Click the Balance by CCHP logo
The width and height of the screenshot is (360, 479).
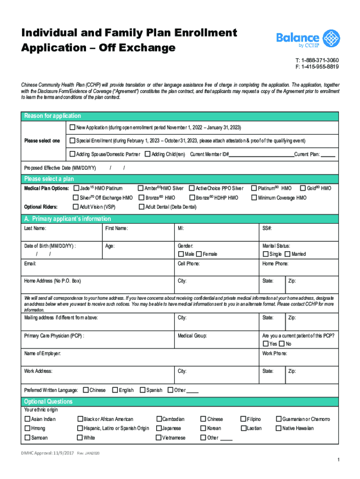(308, 39)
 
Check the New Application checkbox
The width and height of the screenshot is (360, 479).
(72, 127)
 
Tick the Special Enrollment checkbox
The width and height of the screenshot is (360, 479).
(72, 140)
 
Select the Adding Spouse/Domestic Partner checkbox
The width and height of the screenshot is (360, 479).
(72, 154)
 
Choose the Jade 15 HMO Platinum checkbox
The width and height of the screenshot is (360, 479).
(76, 188)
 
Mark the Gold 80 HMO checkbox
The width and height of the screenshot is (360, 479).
(302, 188)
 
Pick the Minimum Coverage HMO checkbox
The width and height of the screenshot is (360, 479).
(254, 197)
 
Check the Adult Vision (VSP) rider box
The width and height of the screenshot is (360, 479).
(76, 207)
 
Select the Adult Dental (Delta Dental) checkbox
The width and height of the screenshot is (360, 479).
(142, 207)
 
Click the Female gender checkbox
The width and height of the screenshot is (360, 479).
(199, 254)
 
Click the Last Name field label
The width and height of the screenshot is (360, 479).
(35, 228)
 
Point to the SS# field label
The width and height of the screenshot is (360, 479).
(267, 228)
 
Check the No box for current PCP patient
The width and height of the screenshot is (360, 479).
(282, 344)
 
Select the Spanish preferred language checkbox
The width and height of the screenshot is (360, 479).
(142, 390)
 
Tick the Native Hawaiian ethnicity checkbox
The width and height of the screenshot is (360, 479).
(279, 428)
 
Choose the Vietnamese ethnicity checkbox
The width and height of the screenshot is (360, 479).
(159, 438)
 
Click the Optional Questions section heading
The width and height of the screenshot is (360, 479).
(48, 402)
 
